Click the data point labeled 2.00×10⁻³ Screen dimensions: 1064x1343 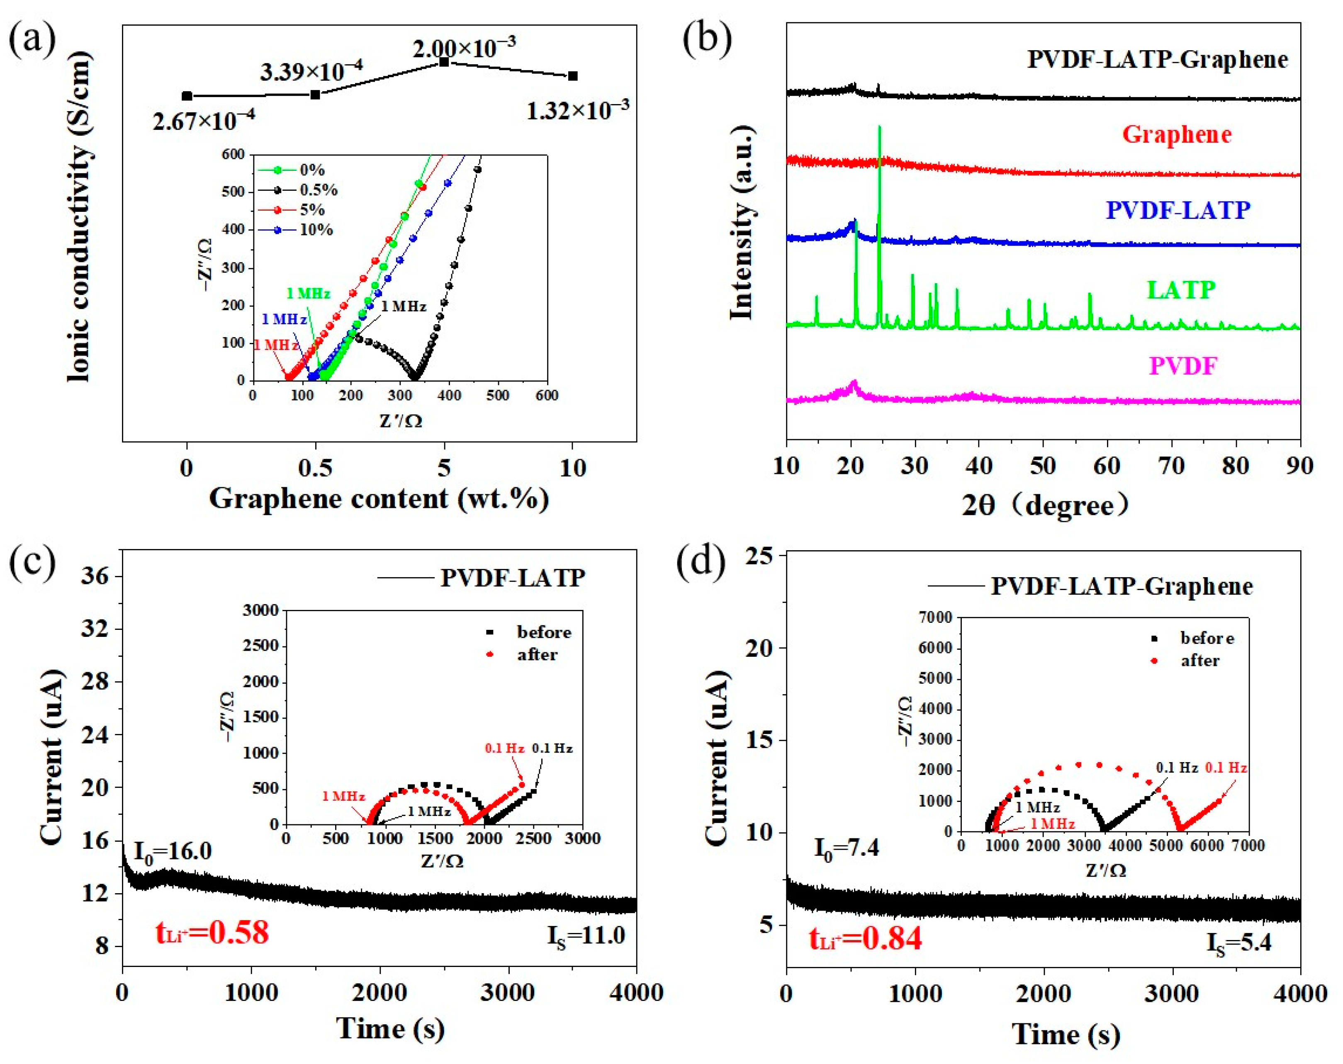444,62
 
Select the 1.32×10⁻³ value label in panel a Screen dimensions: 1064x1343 577,110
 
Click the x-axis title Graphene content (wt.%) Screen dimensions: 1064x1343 379,498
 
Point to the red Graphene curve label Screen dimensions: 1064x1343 1177,134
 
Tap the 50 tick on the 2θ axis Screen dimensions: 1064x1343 1043,466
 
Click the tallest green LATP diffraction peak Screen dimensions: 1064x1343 879,128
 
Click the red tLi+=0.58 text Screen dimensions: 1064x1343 212,932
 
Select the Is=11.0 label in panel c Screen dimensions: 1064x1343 586,935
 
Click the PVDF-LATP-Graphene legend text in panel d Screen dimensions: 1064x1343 1121,586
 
